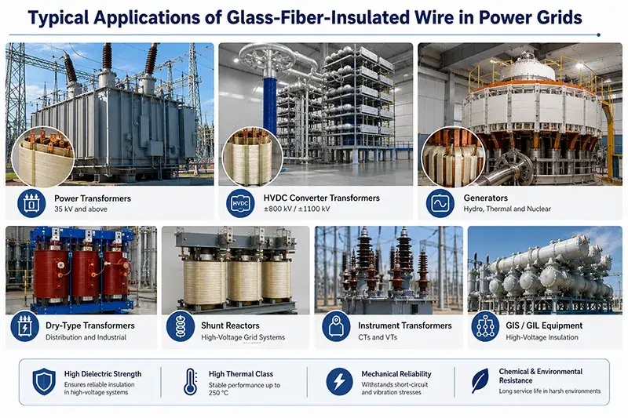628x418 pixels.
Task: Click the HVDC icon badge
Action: pyautogui.click(x=240, y=204)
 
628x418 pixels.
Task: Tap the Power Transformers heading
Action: pyautogui.click(x=93, y=198)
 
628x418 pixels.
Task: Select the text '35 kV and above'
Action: pyautogui.click(x=81, y=209)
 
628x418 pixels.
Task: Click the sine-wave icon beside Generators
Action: pyautogui.click(x=440, y=204)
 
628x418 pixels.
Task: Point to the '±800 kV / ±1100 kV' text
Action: pyautogui.click(x=297, y=209)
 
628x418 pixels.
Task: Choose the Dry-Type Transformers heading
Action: pyautogui.click(x=90, y=325)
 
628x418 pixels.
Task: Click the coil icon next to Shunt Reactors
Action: pyautogui.click(x=181, y=326)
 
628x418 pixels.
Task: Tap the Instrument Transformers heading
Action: pyautogui.click(x=405, y=325)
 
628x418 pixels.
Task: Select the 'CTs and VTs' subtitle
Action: pyautogui.click(x=378, y=337)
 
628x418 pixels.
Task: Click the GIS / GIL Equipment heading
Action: pyautogui.click(x=544, y=325)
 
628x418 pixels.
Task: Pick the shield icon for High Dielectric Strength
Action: pyautogui.click(x=44, y=382)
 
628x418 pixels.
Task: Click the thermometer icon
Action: pyautogui.click(x=190, y=382)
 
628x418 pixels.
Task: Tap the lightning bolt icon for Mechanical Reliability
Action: pyautogui.click(x=339, y=382)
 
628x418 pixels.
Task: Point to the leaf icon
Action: pyautogui.click(x=480, y=380)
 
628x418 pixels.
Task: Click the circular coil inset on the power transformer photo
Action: pyautogui.click(x=43, y=157)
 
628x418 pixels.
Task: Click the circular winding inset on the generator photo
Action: pyautogui.click(x=453, y=157)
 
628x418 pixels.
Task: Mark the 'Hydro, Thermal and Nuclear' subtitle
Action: pyautogui.click(x=507, y=209)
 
